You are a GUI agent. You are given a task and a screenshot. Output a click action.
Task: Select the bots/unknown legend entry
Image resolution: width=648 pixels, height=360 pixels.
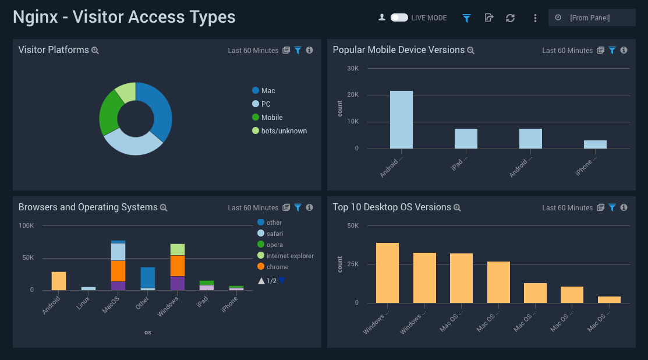click(x=284, y=131)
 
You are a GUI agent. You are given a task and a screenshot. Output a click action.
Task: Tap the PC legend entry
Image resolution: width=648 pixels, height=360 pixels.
click(x=265, y=104)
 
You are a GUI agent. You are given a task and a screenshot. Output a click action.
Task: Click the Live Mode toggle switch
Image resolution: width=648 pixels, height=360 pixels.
click(x=399, y=18)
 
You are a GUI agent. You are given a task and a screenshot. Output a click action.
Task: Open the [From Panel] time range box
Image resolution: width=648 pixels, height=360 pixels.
click(x=592, y=18)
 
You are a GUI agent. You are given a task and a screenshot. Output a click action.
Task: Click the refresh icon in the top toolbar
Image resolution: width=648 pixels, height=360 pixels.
click(x=510, y=18)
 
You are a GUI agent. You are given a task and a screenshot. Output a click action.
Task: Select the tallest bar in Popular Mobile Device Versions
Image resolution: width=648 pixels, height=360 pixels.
click(x=401, y=119)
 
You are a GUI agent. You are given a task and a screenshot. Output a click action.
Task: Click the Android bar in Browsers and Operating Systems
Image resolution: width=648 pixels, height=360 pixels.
click(x=59, y=281)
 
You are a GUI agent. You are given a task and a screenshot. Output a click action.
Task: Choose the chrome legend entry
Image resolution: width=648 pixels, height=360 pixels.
click(x=277, y=267)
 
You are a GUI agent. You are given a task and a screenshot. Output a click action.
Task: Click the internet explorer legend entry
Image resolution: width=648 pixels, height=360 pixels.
click(x=290, y=256)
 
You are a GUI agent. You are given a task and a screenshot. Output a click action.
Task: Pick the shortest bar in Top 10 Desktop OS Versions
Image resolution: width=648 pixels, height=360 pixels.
click(x=609, y=299)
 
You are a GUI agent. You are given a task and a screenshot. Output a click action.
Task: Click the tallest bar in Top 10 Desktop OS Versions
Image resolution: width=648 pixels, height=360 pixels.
click(x=387, y=273)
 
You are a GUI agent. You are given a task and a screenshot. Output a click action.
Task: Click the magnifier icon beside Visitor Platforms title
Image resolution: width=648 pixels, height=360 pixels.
click(x=95, y=51)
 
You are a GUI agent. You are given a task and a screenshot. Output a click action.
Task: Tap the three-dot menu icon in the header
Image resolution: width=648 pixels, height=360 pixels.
click(x=535, y=18)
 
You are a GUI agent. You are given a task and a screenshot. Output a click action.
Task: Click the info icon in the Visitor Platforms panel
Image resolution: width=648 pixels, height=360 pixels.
click(x=309, y=51)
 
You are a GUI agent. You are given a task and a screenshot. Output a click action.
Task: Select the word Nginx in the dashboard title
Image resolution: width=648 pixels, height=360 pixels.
click(x=36, y=17)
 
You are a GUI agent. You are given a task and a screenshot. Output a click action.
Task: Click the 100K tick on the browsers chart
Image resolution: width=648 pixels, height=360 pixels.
click(x=26, y=225)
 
